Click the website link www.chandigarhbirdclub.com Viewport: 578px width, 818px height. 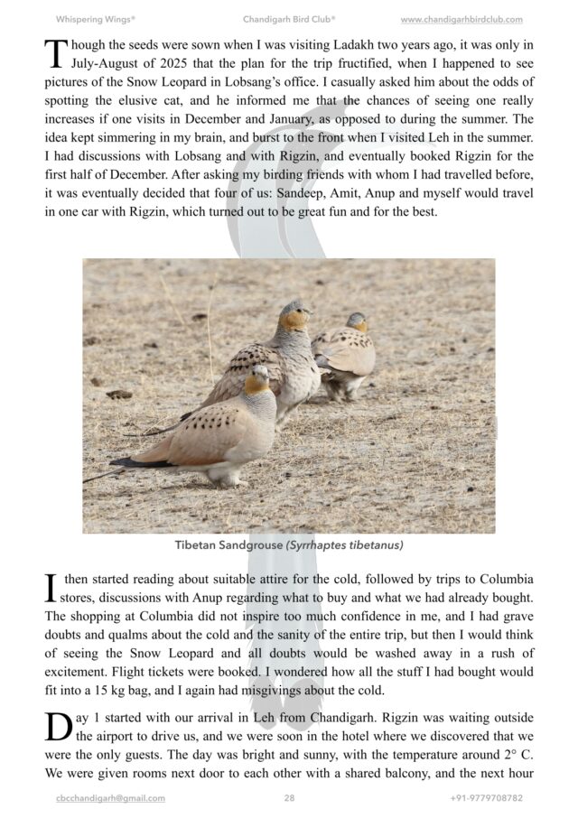(x=461, y=19)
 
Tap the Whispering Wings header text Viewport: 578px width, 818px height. (x=96, y=19)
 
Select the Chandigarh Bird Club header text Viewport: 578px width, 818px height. (x=289, y=19)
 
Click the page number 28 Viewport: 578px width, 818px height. (x=289, y=798)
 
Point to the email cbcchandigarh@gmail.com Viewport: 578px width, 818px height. (x=110, y=798)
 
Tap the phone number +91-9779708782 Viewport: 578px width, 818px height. (x=486, y=798)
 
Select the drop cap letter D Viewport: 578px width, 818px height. (x=58, y=726)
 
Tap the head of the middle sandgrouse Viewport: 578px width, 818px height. (x=294, y=314)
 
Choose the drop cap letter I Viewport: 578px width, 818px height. (x=52, y=588)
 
